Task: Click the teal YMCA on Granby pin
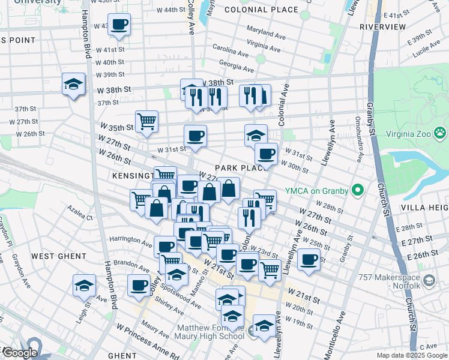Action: pyautogui.click(x=358, y=191)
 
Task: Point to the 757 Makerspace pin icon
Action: pyautogui.click(x=429, y=280)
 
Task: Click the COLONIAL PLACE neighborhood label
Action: pyautogui.click(x=261, y=10)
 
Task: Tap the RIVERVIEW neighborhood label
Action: pyautogui.click(x=382, y=28)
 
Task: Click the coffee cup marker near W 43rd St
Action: pyautogui.click(x=119, y=25)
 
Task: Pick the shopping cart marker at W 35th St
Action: pyautogui.click(x=146, y=122)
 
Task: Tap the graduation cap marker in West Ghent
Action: pyautogui.click(x=84, y=286)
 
